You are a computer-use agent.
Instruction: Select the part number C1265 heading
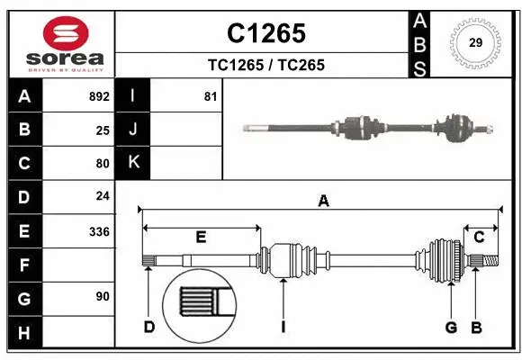[265, 33]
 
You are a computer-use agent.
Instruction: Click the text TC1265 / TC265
[265, 65]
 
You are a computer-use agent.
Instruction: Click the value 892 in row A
[99, 95]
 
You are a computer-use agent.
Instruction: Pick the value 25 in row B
[103, 130]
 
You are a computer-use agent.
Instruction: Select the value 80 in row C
[103, 164]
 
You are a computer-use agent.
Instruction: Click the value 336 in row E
[99, 231]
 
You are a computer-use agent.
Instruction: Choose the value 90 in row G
[103, 296]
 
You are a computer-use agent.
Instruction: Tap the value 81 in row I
[211, 95]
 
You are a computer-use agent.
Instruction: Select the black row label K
[134, 163]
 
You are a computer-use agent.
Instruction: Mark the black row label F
[24, 265]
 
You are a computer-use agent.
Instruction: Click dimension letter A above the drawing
[322, 202]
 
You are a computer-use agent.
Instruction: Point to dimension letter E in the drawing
[201, 237]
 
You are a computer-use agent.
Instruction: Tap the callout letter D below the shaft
[149, 326]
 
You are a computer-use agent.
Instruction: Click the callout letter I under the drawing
[283, 326]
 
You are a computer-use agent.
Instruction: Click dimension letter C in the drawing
[479, 237]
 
